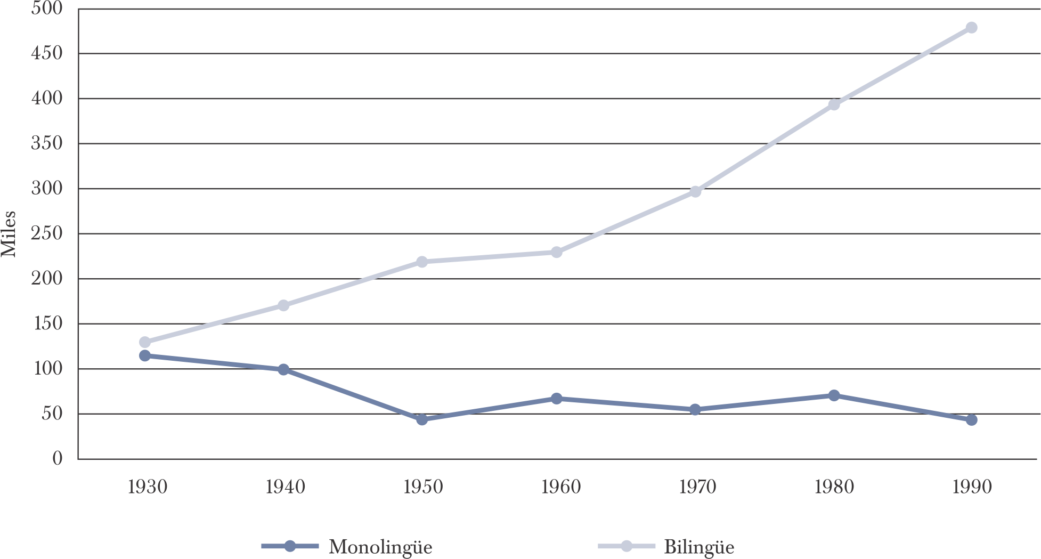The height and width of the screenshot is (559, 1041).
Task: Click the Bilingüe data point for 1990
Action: coord(971,28)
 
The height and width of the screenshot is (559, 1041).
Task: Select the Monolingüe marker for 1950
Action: coord(422,419)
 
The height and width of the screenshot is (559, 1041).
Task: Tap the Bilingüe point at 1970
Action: coord(695,191)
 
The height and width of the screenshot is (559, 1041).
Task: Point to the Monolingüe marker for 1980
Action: coord(834,395)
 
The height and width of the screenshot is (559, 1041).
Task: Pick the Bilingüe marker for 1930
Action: coord(144,342)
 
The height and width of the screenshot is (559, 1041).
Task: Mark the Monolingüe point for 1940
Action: coord(283,369)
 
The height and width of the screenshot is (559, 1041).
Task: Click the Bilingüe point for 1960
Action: coord(556,252)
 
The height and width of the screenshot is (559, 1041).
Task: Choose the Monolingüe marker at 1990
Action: coord(971,420)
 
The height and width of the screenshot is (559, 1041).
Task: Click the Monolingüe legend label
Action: coord(380,547)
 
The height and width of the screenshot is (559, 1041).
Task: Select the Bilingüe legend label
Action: coord(699,547)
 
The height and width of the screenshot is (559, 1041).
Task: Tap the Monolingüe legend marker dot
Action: coord(290,546)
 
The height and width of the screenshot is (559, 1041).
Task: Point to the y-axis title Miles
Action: coord(9,234)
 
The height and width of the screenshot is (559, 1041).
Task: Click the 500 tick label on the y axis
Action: coord(46,9)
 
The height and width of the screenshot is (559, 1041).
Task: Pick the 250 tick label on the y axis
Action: coord(46,234)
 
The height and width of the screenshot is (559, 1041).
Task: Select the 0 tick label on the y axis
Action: coord(57,459)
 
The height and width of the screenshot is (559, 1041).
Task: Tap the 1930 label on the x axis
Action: coord(148,487)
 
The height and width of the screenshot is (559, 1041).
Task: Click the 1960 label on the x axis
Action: coord(560,487)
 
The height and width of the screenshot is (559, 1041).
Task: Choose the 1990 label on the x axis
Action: coord(972,487)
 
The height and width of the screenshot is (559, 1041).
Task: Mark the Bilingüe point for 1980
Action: coord(834,104)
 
